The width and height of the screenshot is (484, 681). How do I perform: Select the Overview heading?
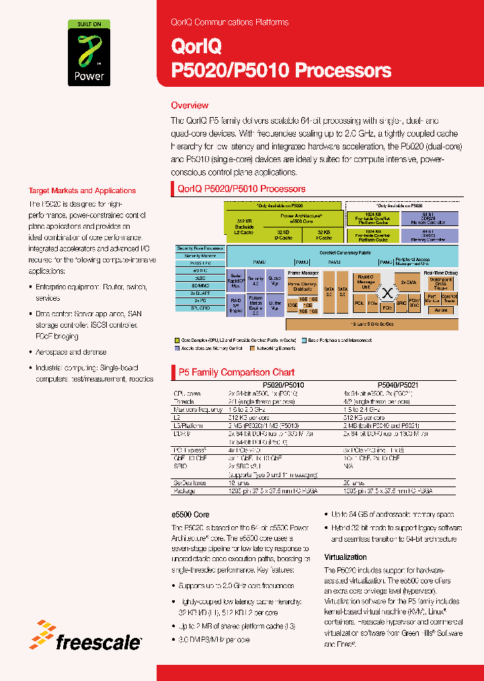tap(190, 106)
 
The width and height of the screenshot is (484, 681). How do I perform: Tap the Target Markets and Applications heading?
tap(82, 190)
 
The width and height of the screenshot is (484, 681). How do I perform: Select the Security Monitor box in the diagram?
tap(200, 256)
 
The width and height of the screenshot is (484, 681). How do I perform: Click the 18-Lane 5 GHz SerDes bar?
tap(385, 323)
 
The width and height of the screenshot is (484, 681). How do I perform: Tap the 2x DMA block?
tap(409, 282)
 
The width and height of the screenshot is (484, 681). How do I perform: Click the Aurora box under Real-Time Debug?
tap(441, 310)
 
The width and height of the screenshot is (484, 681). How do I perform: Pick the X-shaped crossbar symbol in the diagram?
tap(387, 293)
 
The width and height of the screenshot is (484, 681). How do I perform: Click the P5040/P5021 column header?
tap(397, 385)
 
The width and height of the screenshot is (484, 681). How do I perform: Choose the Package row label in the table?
tap(184, 491)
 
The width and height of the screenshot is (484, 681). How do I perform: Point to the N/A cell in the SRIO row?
tap(347, 466)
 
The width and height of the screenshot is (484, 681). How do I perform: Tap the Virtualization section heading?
tap(346, 557)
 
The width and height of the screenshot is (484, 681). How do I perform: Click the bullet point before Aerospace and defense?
tap(32, 352)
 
